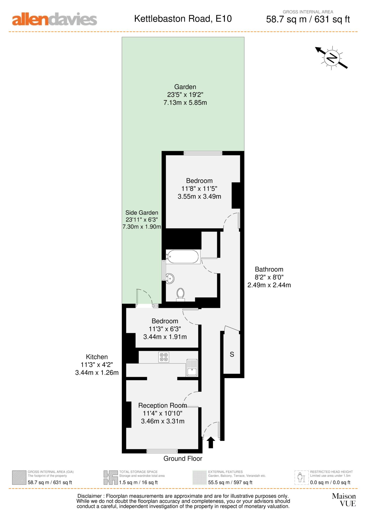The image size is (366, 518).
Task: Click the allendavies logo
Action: (x=54, y=19)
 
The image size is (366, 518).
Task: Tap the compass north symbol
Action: (x=332, y=58)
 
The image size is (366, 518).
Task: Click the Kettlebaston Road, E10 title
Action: (x=183, y=19)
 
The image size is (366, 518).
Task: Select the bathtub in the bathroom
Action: (x=183, y=257)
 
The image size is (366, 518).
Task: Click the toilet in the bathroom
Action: (x=180, y=294)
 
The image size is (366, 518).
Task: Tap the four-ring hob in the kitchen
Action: (x=164, y=357)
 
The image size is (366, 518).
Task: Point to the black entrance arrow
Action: (x=211, y=443)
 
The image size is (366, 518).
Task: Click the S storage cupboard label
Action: (x=232, y=354)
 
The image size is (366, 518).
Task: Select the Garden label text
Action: (x=185, y=87)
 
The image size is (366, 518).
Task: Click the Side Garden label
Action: (x=142, y=213)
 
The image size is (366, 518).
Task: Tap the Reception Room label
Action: (x=162, y=405)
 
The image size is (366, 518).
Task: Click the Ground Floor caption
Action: (x=183, y=458)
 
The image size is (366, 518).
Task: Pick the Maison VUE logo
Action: (x=344, y=500)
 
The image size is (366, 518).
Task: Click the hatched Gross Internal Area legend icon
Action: (x=19, y=478)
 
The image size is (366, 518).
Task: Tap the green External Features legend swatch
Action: (x=199, y=478)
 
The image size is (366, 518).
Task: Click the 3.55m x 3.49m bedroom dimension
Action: (x=199, y=197)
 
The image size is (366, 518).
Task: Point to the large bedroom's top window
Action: (x=203, y=153)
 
